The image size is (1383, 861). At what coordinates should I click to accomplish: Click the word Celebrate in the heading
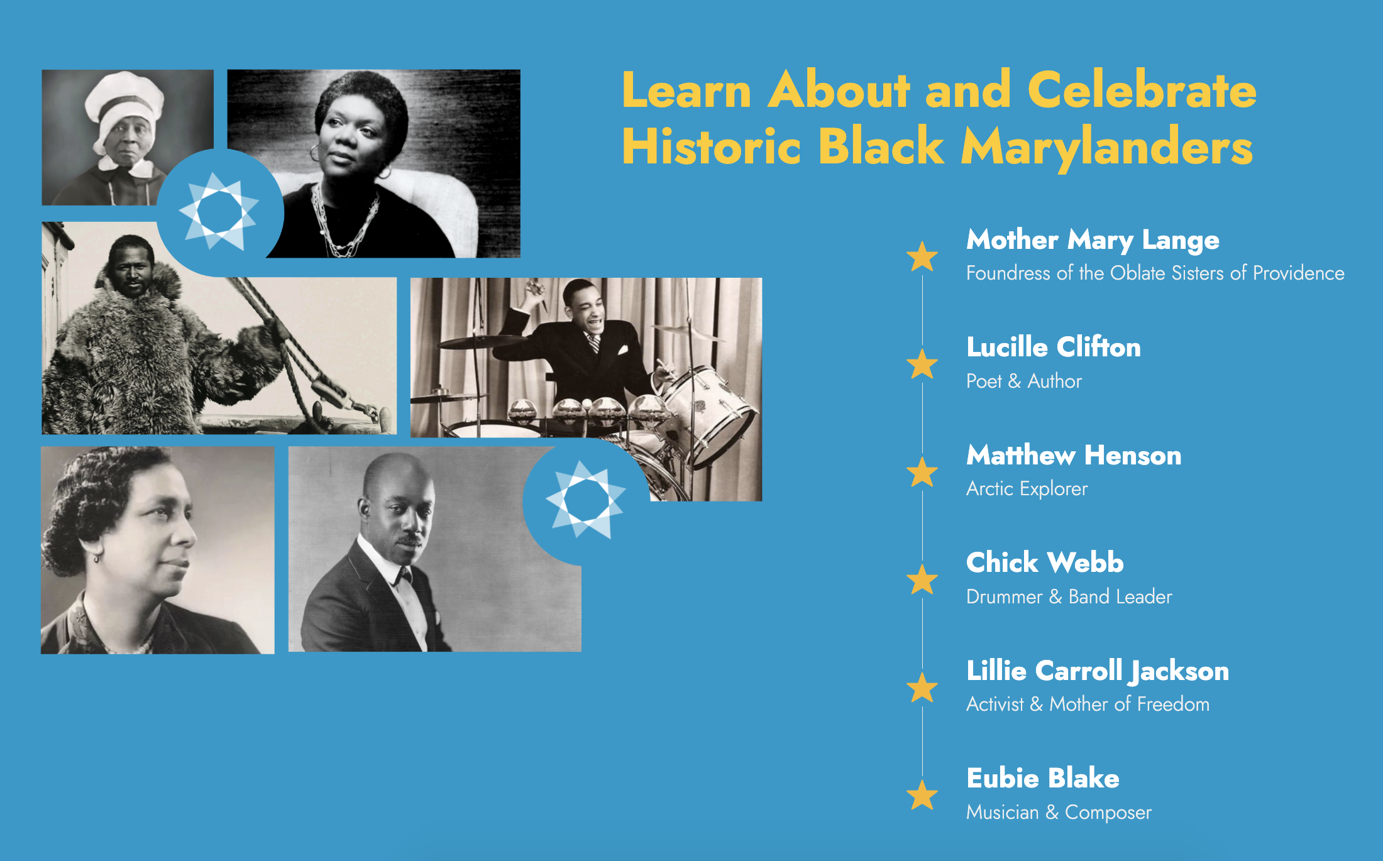click(x=1142, y=90)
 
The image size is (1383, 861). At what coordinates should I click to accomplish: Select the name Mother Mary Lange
click(x=1093, y=240)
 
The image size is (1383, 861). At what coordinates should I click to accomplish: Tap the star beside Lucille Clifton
click(x=922, y=364)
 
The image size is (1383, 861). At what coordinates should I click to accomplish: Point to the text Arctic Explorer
click(x=1027, y=488)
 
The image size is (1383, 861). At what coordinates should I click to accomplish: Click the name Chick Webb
click(x=1045, y=562)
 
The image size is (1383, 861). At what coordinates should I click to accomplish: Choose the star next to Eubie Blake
click(x=922, y=795)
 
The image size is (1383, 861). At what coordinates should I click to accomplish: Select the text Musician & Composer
click(x=1059, y=812)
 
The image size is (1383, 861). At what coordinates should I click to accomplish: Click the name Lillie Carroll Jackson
click(x=1098, y=671)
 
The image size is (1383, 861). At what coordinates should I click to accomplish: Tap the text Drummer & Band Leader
click(x=1069, y=596)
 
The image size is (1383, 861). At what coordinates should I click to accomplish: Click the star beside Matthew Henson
click(x=922, y=472)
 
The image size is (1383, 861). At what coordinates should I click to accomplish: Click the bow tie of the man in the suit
click(x=402, y=574)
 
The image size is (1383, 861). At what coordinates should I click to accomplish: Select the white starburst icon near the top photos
click(x=219, y=211)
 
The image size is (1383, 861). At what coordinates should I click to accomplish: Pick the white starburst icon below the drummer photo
click(x=586, y=500)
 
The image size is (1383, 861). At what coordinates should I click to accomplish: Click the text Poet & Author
click(x=1024, y=381)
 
